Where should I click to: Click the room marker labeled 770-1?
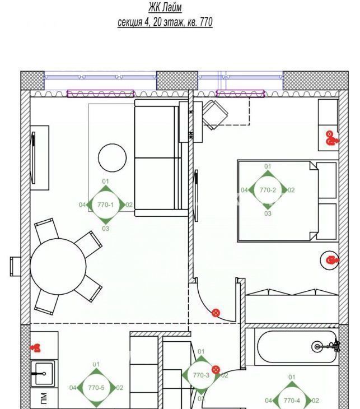coord(105,205)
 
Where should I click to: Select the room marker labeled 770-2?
coord(268,190)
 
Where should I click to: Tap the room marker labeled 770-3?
coord(201,375)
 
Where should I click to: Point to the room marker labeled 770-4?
coord(292,401)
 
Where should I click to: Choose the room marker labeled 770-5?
coord(96,388)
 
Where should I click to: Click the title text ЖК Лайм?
coord(165,7)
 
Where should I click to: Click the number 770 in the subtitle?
coord(206,22)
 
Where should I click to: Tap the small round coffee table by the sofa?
coord(113,158)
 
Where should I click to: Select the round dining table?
coord(58,267)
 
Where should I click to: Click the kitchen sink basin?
coord(43,374)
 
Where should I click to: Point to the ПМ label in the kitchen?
coord(44,398)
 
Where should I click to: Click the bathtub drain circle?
coord(317,347)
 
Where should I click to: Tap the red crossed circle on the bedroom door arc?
coord(216,313)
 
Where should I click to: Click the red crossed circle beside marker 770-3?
coord(216,370)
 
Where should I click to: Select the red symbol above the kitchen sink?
coord(36,348)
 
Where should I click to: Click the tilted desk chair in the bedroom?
coord(215,114)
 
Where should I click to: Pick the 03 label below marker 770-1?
coord(106,229)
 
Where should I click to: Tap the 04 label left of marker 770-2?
coord(244,190)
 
